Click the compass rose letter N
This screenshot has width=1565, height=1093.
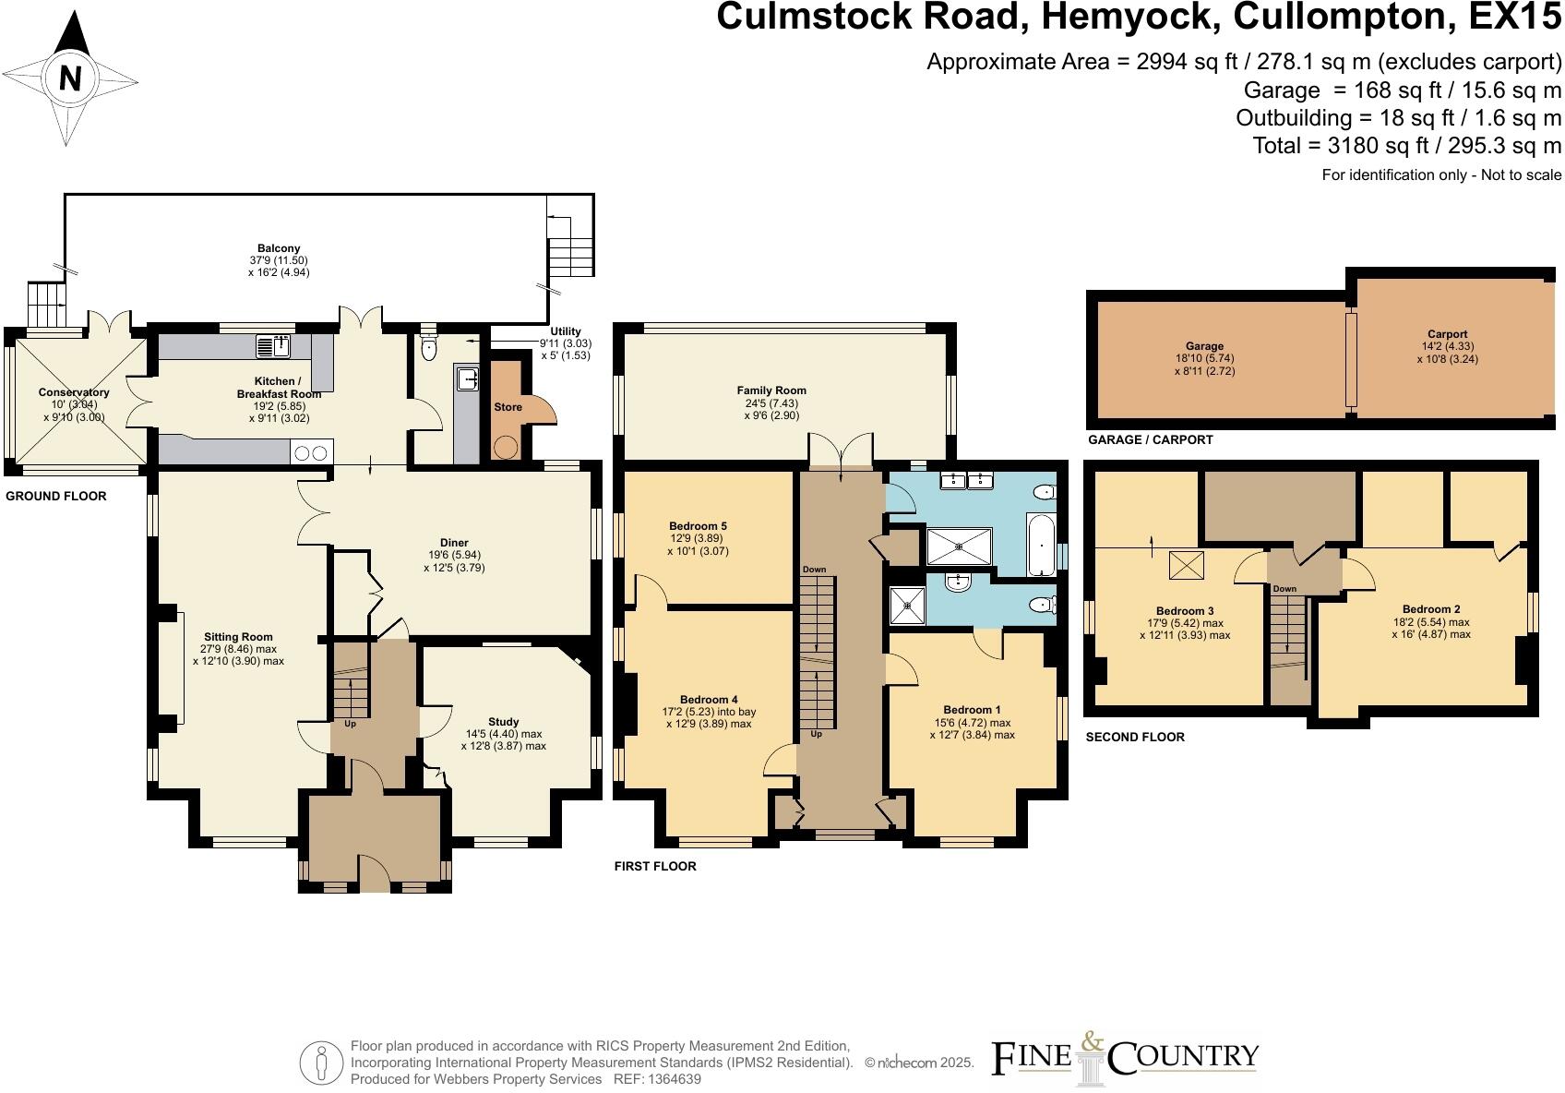(69, 79)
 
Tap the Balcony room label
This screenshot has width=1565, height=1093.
(279, 248)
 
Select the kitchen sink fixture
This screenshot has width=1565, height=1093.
(273, 347)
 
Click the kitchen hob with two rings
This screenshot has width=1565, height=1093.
(311, 452)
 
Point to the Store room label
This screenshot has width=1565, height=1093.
(508, 407)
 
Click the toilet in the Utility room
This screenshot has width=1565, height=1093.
(428, 349)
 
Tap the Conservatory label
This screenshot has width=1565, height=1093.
(74, 392)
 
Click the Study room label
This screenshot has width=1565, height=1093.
(503, 722)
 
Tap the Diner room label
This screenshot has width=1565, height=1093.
(454, 543)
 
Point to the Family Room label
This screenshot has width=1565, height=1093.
(771, 390)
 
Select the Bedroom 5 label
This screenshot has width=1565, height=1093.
(698, 526)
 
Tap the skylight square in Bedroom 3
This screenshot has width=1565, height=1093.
(1186, 565)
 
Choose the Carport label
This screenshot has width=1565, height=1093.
(1447, 334)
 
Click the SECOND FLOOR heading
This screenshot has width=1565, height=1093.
(1135, 737)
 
